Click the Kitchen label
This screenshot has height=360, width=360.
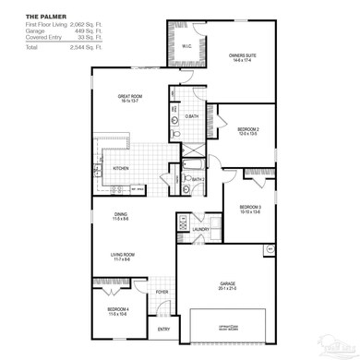coord(120,169)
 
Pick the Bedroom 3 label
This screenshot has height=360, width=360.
coord(252,207)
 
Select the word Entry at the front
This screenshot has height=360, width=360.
coord(163,329)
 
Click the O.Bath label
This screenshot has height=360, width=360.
coord(191,115)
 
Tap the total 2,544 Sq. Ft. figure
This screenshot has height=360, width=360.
coord(82,45)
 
